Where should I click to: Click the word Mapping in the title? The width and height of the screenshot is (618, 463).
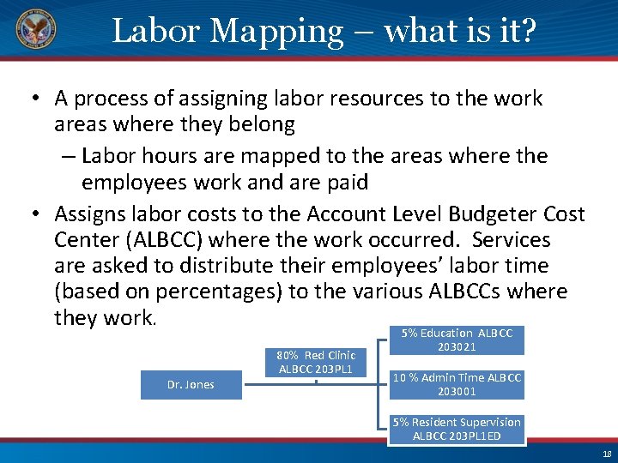[276, 32]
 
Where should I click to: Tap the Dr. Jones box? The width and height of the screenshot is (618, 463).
[191, 385]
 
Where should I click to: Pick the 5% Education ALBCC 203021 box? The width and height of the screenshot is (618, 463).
[457, 340]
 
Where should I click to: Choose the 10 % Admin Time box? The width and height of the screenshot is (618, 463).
[457, 385]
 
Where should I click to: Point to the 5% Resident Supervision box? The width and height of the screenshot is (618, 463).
[457, 429]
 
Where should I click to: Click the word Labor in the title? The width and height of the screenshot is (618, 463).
[155, 32]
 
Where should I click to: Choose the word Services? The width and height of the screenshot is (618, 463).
[507, 240]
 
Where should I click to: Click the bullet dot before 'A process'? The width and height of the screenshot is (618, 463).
[38, 99]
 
